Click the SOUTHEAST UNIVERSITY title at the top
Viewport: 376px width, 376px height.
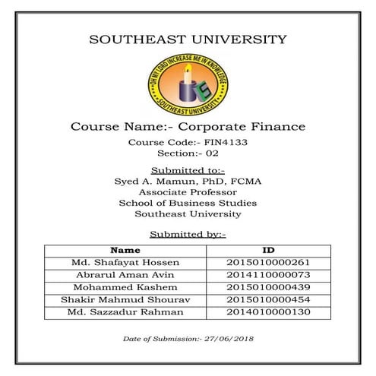pos(188,39)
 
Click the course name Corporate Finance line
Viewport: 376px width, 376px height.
pos(188,125)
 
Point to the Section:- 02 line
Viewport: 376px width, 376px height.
pos(188,153)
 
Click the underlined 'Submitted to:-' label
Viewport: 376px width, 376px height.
pos(188,169)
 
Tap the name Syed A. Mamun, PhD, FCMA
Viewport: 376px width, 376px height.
pos(188,181)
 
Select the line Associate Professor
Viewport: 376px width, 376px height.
pos(188,192)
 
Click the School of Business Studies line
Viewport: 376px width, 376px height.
pos(188,204)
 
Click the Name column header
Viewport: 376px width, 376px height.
pos(125,250)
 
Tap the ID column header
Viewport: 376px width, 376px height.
pos(268,250)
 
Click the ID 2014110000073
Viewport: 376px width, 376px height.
pos(268,275)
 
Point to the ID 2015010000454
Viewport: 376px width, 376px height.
pos(268,300)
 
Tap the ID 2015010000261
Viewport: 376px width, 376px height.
pos(268,263)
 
